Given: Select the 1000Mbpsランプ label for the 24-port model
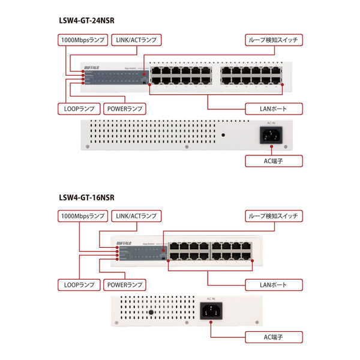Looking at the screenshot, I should (82, 40).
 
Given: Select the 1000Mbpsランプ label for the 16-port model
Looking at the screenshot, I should (82, 216).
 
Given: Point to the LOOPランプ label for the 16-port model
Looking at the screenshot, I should (78, 284).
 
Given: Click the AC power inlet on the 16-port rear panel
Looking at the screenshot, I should (212, 313).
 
